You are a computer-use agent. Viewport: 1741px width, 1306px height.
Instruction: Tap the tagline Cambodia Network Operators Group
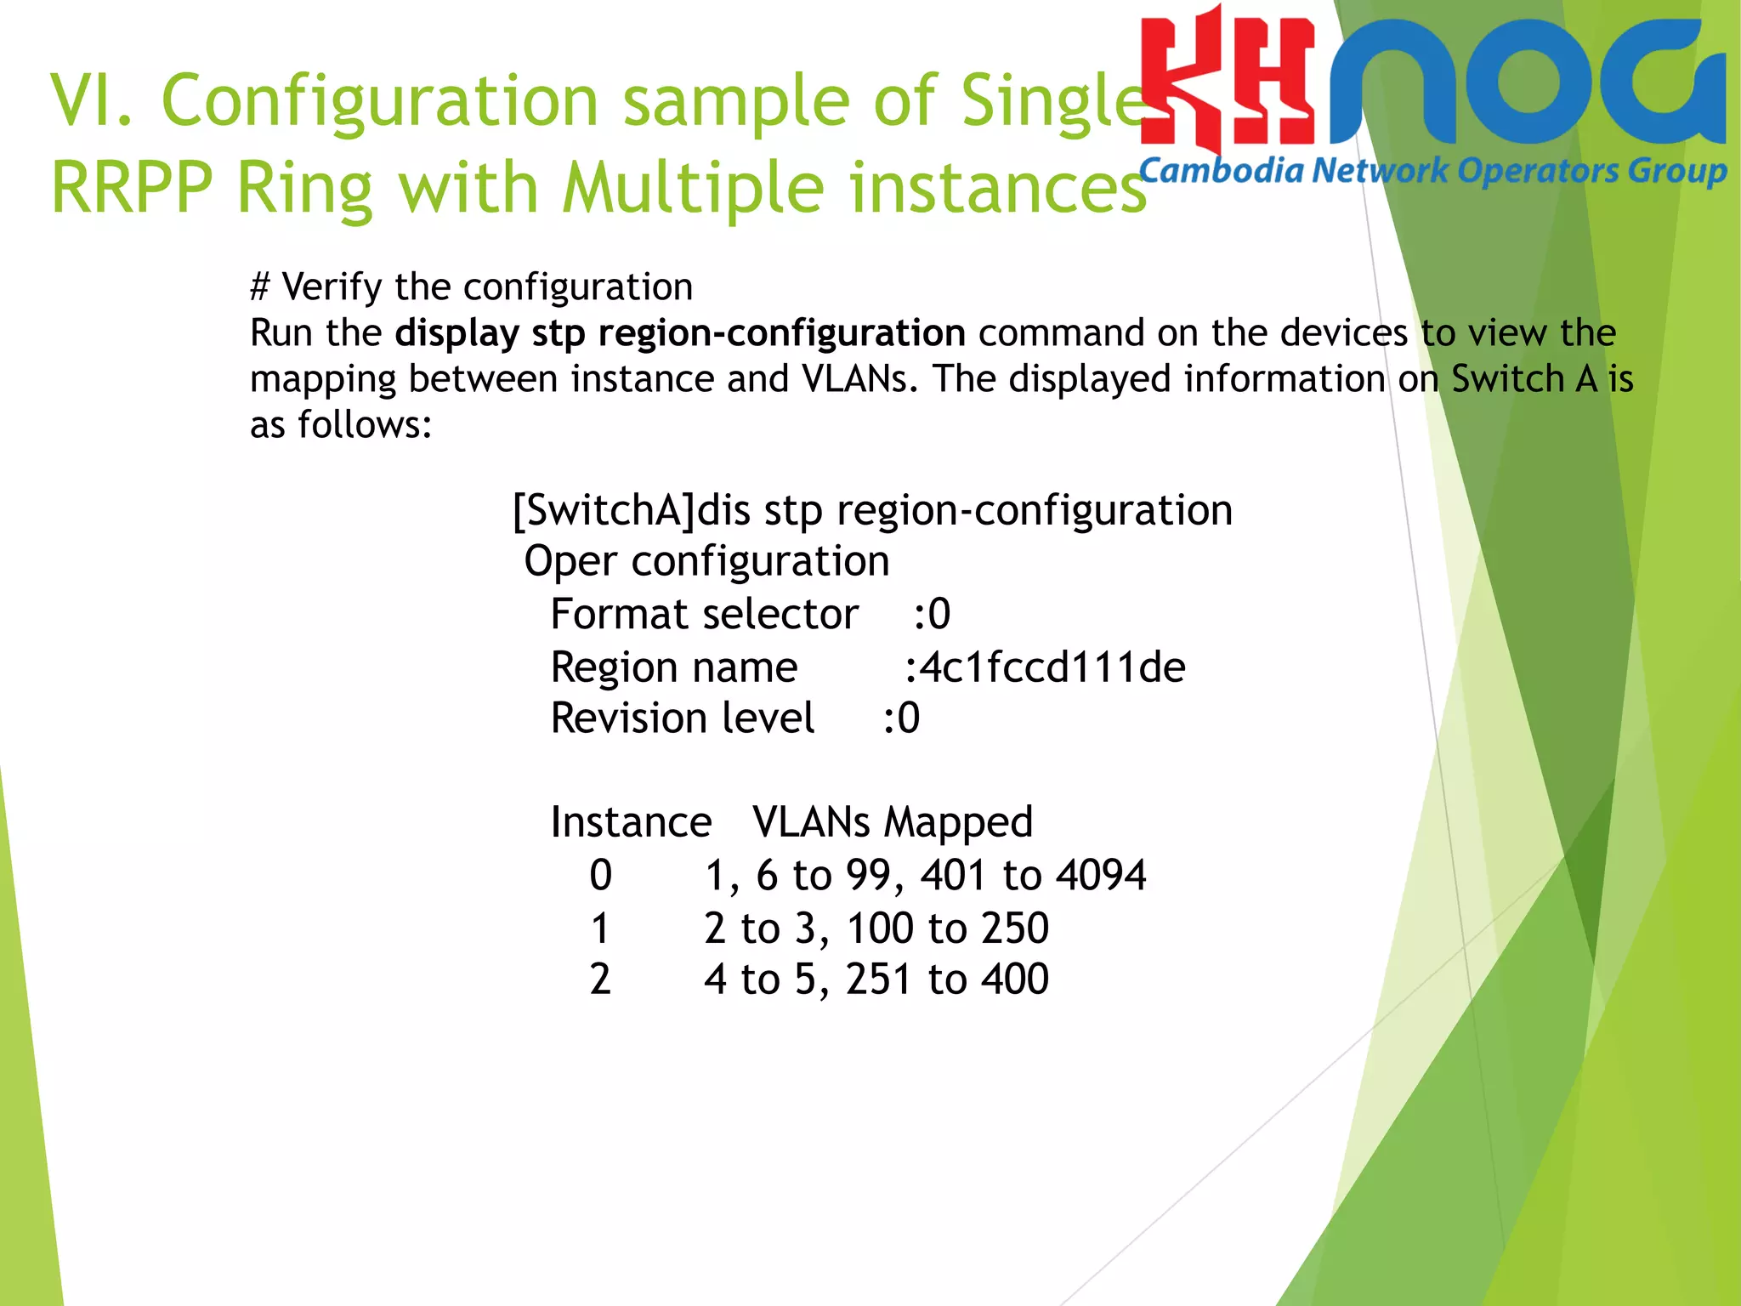1432,171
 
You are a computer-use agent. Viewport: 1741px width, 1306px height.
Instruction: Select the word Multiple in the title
693,187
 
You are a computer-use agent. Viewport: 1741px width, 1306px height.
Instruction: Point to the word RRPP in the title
132,187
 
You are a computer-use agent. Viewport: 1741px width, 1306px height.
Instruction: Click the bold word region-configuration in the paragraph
781,332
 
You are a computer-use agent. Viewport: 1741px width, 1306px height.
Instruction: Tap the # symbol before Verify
260,287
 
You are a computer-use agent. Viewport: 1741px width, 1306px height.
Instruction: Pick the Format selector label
704,615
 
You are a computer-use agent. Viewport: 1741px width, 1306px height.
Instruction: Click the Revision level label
683,718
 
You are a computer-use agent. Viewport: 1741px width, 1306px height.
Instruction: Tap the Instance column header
631,822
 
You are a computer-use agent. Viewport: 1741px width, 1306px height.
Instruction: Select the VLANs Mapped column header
893,822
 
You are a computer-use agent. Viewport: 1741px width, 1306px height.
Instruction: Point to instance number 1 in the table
600,928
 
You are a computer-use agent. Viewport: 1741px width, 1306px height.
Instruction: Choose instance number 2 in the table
600,979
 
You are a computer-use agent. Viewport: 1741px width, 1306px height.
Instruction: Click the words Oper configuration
706,562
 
